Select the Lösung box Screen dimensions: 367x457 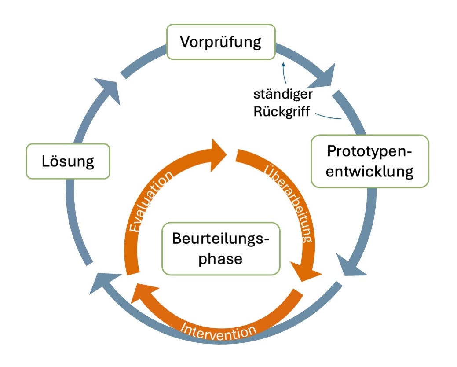click(x=68, y=161)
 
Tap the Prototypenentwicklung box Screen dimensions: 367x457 click(x=369, y=161)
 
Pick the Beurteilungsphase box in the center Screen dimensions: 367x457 click(x=221, y=249)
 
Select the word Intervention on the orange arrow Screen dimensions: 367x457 click(x=219, y=330)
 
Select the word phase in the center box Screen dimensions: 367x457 click(x=220, y=258)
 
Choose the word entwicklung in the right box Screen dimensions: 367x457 click(x=369, y=171)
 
